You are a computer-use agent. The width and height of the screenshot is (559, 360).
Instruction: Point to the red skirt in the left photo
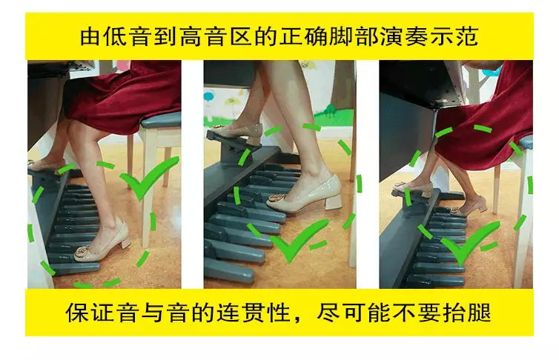[126, 89]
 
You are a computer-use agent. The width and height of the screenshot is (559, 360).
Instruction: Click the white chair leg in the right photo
[523, 222]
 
